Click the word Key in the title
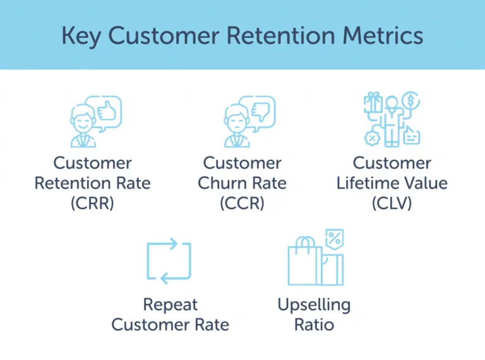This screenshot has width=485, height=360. pos(81,35)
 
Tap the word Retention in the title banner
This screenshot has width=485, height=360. pos(287,35)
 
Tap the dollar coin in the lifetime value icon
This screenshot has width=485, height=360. pos(410,100)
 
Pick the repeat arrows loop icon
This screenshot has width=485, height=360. pos(169,261)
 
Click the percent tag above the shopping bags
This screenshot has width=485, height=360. pos(333,239)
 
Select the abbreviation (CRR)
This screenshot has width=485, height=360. pos(92,203)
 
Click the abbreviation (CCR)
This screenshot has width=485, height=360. pos(242,203)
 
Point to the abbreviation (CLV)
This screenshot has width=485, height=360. pos(392,203)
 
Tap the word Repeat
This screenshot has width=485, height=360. pos(170,304)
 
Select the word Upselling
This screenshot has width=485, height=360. pos(314,304)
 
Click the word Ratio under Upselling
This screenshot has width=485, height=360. pos(314,325)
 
